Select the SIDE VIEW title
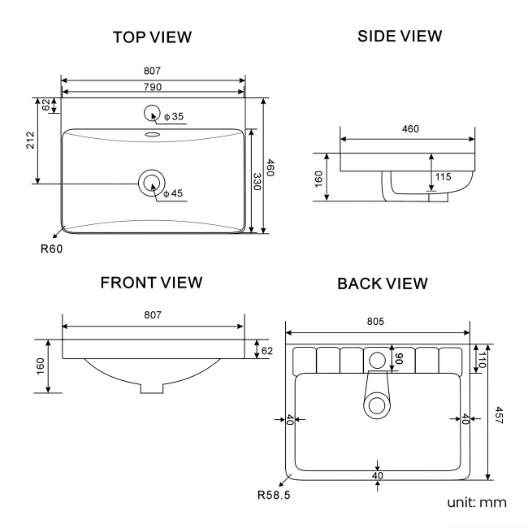[400, 37]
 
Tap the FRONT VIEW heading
[151, 283]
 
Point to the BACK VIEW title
[382, 283]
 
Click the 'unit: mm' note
[477, 503]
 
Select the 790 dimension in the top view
[154, 88]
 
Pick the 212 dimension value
[30, 141]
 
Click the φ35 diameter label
[174, 117]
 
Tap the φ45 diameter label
[173, 193]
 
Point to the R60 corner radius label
[52, 249]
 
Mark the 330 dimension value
[257, 182]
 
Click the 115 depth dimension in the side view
[443, 177]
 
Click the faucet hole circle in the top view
[152, 115]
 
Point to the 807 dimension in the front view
[153, 314]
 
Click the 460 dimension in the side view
[409, 128]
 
